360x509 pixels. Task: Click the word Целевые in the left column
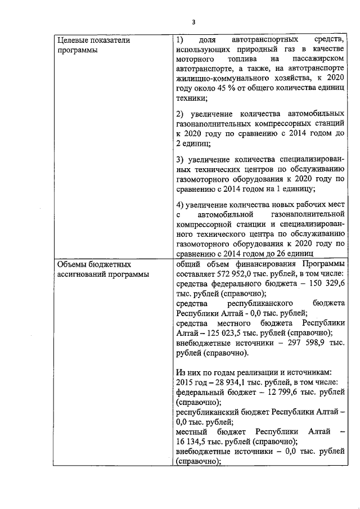tap(72, 40)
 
